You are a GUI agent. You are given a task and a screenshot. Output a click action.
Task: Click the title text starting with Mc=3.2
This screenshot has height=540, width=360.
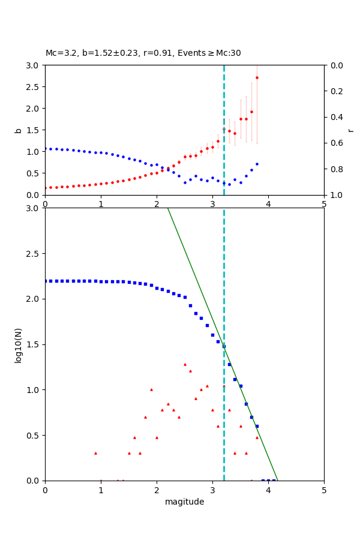click(x=143, y=53)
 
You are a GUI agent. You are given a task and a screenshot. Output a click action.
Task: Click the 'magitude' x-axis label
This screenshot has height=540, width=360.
click(x=184, y=502)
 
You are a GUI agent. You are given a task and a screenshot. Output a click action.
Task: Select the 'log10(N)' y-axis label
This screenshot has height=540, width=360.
click(x=18, y=344)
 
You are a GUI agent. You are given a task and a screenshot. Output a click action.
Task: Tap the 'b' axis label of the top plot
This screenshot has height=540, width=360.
click(x=18, y=130)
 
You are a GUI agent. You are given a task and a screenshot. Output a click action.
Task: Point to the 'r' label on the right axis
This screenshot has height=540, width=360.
click(x=350, y=130)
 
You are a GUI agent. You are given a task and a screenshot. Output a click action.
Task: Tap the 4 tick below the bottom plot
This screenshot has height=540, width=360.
click(x=268, y=490)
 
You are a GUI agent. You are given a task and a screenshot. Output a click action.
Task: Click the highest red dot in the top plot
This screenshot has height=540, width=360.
click(x=257, y=77)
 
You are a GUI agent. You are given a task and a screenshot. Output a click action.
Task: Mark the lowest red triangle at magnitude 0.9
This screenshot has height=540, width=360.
click(x=95, y=453)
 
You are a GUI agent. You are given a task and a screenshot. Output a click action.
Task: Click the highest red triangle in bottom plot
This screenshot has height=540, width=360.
click(x=185, y=364)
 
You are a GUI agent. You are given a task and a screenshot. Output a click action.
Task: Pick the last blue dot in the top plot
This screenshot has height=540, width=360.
click(x=257, y=164)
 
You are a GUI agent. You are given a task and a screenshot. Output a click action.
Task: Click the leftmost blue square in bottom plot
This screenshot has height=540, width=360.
click(x=46, y=281)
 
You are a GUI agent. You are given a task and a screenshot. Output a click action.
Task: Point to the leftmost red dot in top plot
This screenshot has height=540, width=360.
click(x=46, y=188)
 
